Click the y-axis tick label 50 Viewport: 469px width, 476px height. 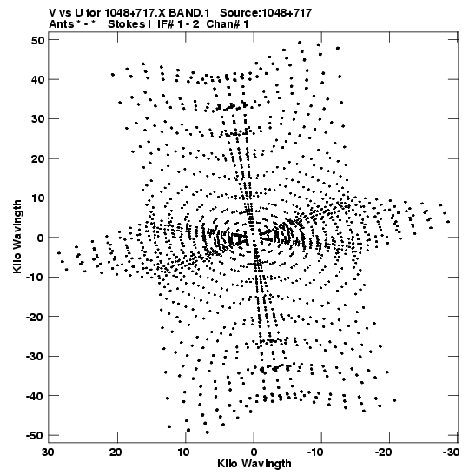click(37, 40)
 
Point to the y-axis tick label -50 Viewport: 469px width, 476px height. click(35, 436)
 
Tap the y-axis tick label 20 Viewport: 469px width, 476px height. click(37, 158)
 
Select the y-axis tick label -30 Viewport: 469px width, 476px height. click(35, 357)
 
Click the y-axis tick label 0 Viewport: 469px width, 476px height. click(41, 238)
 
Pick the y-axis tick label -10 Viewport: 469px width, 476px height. click(35, 278)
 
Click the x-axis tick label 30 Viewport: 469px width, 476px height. click(48, 453)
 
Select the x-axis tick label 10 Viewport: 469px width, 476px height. click(183, 453)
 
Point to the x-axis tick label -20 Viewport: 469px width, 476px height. click(383, 453)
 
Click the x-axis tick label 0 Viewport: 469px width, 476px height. click(254, 453)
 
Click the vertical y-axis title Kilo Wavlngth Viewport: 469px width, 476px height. click(17, 237)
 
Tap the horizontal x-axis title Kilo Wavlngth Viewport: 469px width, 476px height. click(254, 464)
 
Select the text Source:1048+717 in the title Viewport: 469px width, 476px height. click(266, 13)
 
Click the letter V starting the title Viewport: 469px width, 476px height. click(52, 13)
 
